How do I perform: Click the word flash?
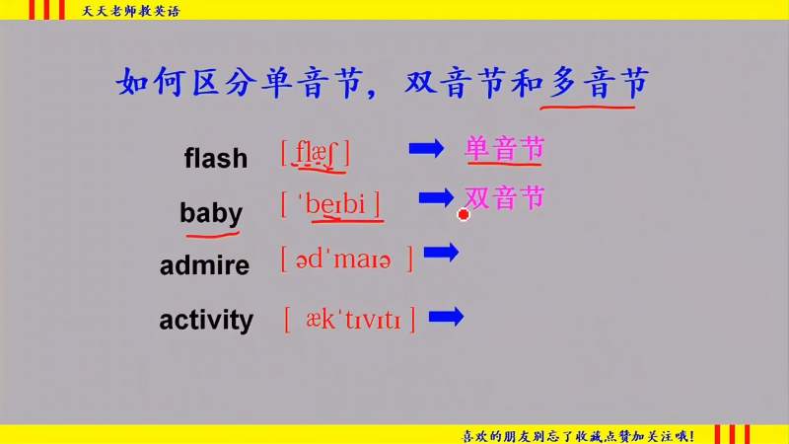click(216, 158)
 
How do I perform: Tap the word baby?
click(211, 213)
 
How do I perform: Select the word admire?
click(204, 264)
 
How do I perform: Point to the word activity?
click(206, 321)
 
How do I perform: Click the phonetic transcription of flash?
click(315, 154)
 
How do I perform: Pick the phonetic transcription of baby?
click(330, 204)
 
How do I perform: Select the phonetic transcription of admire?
click(347, 259)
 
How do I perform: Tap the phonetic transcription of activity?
click(350, 319)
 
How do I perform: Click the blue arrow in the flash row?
click(426, 149)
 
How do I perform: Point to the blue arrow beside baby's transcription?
click(436, 197)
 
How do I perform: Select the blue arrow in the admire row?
click(441, 252)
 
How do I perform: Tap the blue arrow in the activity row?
click(447, 317)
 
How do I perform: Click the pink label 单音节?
click(505, 149)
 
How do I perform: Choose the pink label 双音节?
click(505, 197)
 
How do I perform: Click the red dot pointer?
click(464, 214)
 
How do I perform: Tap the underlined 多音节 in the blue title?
click(599, 83)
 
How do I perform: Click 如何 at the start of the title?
click(152, 83)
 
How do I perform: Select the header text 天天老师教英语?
click(131, 11)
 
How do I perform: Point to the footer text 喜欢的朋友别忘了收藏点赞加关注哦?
click(578, 436)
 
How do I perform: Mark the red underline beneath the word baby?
click(212, 234)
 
